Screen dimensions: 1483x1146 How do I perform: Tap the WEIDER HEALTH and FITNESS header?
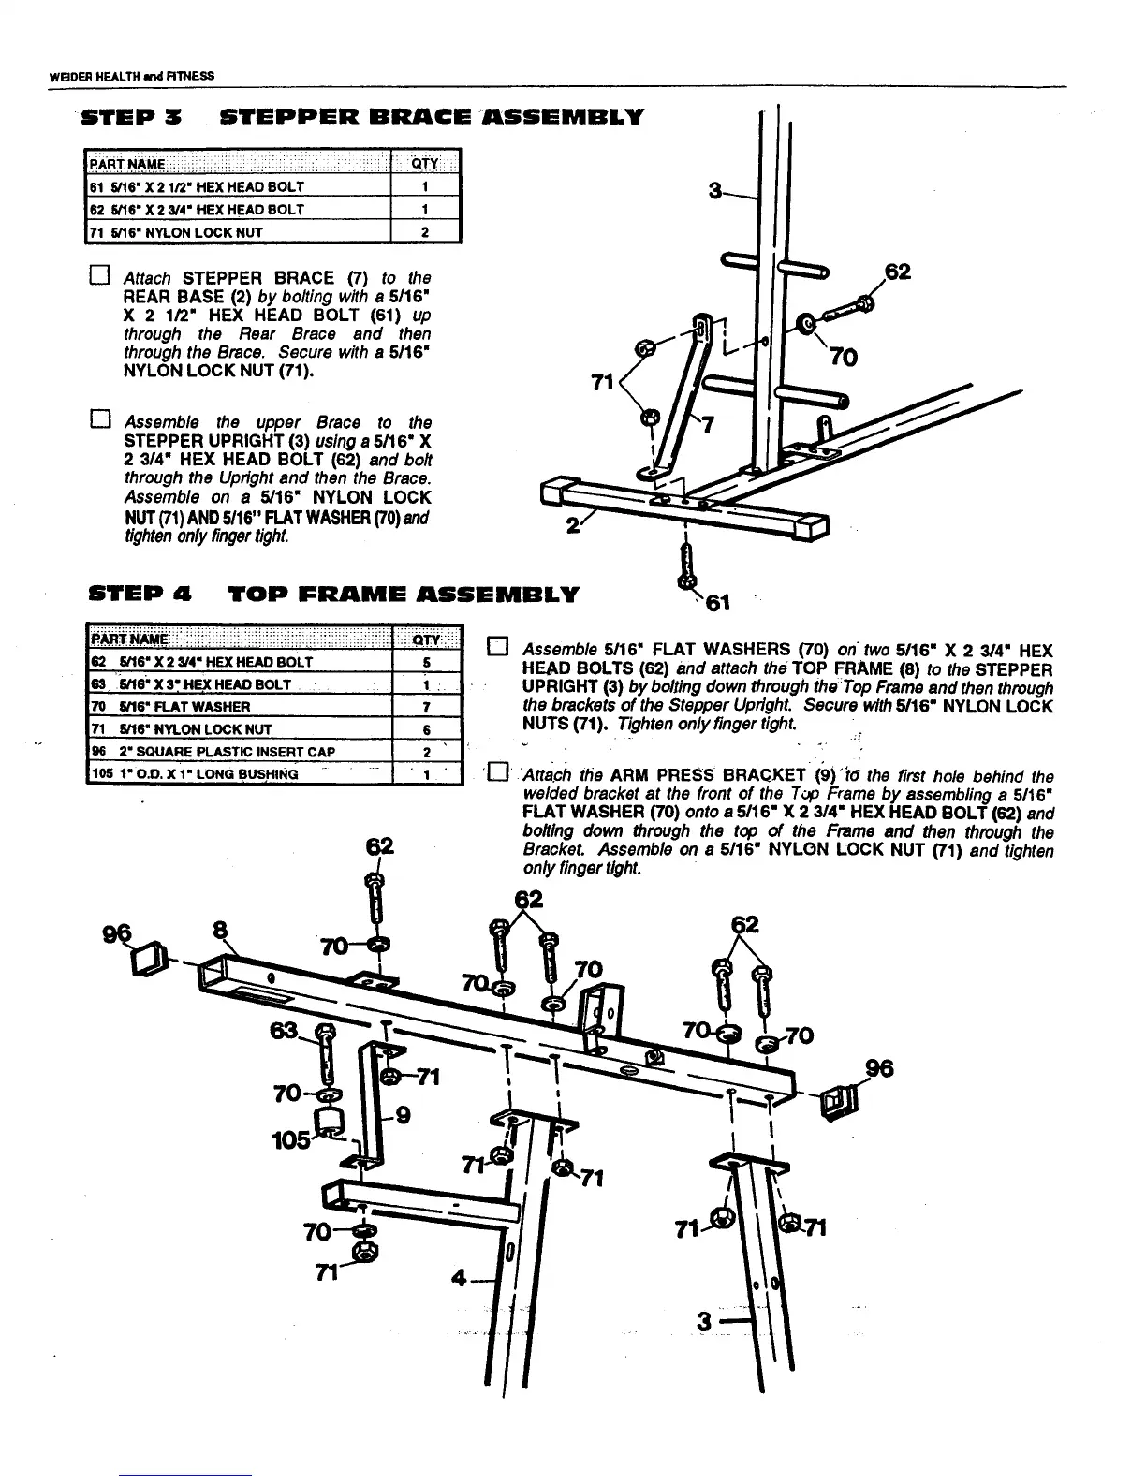(131, 75)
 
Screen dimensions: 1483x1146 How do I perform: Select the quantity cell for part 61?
(424, 186)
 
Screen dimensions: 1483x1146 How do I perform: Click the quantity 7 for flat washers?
(426, 707)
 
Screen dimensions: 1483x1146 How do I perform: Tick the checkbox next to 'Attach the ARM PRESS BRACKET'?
(498, 774)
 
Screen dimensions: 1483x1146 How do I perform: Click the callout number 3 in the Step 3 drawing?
(715, 193)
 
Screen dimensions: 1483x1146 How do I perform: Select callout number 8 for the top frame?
(221, 930)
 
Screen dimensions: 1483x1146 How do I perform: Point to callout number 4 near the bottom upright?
(459, 1276)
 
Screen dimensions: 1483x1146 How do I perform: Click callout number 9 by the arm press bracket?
(404, 1115)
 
